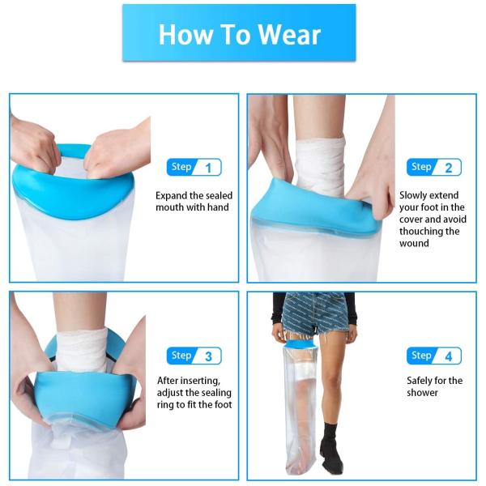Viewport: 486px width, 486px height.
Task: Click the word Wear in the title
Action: pyautogui.click(x=289, y=34)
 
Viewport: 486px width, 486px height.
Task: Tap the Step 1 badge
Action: pyautogui.click(x=194, y=168)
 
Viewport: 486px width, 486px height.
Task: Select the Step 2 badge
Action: pyautogui.click(x=434, y=168)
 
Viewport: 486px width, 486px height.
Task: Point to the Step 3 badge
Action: pyautogui.click(x=194, y=356)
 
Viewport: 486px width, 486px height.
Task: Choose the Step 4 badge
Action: pyautogui.click(x=434, y=356)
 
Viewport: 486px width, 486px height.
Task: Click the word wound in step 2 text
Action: pyautogui.click(x=414, y=243)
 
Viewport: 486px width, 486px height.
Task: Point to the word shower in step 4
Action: pyautogui.click(x=422, y=393)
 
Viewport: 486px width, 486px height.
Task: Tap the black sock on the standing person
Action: pyautogui.click(x=331, y=446)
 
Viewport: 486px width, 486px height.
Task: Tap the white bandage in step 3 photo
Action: pyautogui.click(x=81, y=349)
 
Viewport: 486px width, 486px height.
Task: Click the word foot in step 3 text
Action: pyautogui.click(x=221, y=405)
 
